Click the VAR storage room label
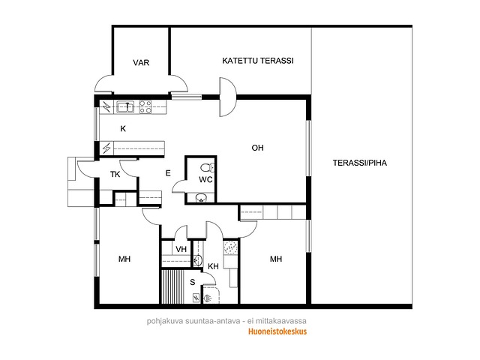[141, 63]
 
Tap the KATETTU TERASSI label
[258, 61]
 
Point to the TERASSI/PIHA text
[360, 163]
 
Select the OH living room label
[257, 148]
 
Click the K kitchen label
[123, 128]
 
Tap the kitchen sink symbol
[125, 106]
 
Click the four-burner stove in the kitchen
[145, 106]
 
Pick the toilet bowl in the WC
[208, 167]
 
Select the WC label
[205, 180]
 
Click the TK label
[115, 175]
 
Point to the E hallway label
[168, 173]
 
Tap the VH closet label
[181, 249]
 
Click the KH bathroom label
[213, 266]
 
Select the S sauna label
[192, 282]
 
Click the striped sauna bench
[172, 286]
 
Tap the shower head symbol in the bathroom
[208, 297]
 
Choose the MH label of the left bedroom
[124, 259]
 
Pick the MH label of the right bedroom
[276, 259]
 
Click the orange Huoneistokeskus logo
[277, 331]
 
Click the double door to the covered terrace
[228, 97]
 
